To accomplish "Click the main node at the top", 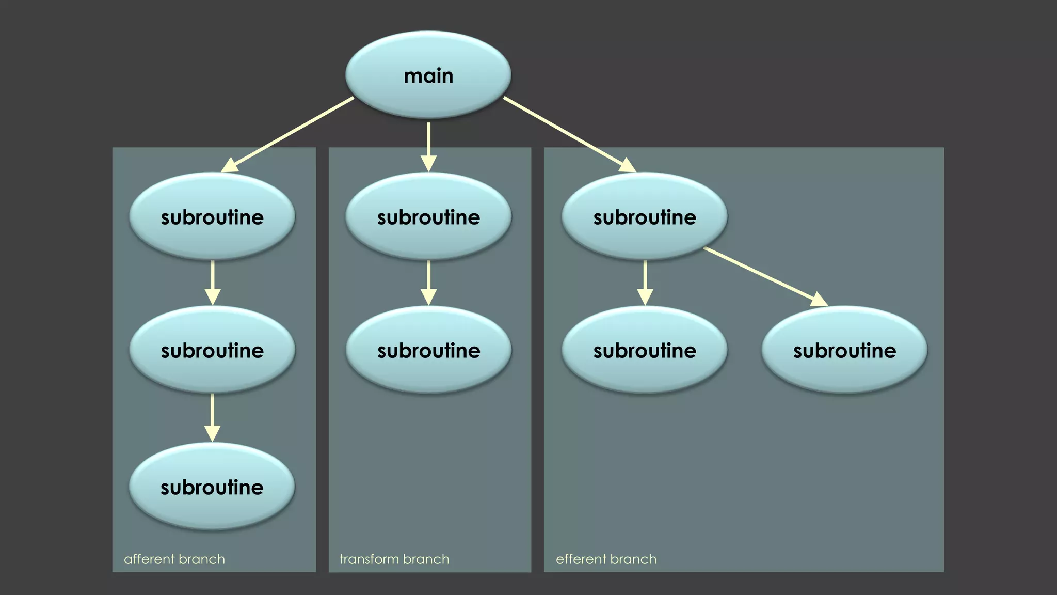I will (x=428, y=75).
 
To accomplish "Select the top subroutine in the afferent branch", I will (x=212, y=216).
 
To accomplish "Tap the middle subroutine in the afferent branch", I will (x=212, y=350).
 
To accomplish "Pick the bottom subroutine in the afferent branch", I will (x=212, y=487).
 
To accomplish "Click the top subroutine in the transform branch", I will (x=428, y=216).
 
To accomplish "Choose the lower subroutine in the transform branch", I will (x=428, y=350).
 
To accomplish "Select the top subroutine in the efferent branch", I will (x=645, y=216).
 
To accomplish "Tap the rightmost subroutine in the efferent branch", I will (x=844, y=350).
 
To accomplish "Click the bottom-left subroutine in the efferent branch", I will (x=645, y=350).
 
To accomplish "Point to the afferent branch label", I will (x=174, y=559).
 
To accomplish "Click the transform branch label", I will (x=394, y=559).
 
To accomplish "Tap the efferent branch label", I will (x=606, y=559).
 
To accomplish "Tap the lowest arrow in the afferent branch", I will (x=212, y=417).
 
